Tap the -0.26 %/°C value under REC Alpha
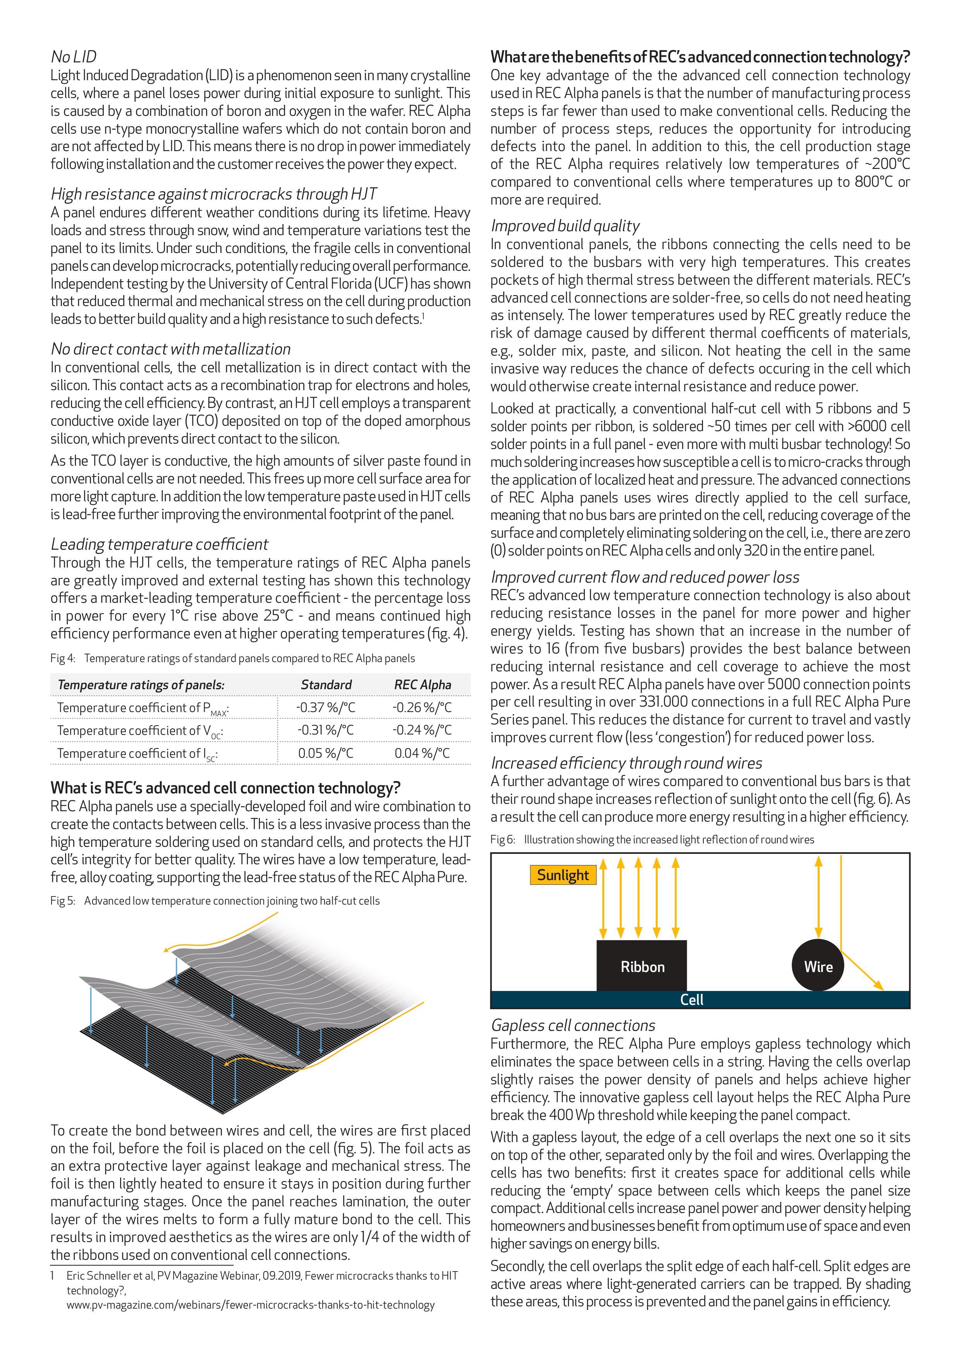(422, 707)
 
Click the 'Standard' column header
(326, 685)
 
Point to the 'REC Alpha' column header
(423, 685)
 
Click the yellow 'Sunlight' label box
(563, 875)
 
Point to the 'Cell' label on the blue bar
(691, 1000)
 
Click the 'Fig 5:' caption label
(63, 901)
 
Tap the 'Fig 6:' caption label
(502, 839)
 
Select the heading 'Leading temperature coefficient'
(159, 544)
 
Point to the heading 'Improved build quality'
(565, 225)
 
